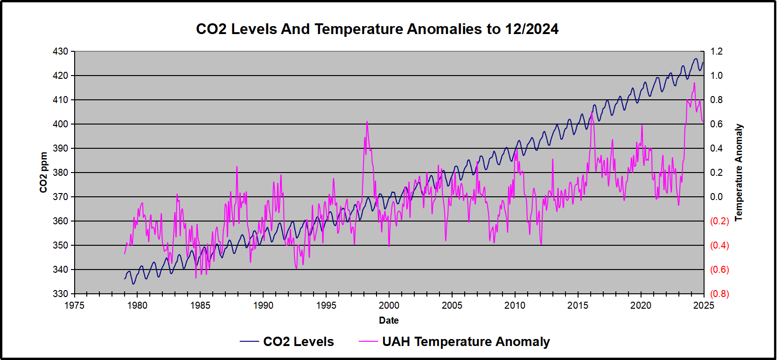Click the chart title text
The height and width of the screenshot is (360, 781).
tap(377, 29)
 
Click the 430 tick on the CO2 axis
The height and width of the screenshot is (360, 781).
tap(60, 51)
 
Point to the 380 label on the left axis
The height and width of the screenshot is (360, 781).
tap(60, 173)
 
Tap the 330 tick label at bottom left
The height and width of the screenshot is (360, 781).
tap(60, 294)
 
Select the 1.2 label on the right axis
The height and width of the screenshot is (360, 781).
tap(716, 51)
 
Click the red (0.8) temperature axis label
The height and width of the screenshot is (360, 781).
tap(719, 294)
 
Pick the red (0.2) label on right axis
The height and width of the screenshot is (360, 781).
tap(719, 221)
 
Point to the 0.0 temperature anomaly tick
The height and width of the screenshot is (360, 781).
tap(716, 197)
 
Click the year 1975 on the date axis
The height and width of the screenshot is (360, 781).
tap(74, 305)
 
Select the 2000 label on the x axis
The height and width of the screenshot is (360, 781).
tap(389, 305)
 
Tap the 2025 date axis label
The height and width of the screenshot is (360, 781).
tap(703, 305)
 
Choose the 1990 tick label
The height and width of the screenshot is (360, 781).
tap(263, 305)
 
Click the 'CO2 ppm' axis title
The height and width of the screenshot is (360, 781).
tap(43, 173)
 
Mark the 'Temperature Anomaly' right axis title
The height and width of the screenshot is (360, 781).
tap(739, 173)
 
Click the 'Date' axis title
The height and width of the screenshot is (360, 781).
tap(389, 320)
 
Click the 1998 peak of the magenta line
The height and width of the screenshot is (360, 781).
tap(367, 122)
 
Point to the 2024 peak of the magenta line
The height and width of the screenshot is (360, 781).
tap(694, 83)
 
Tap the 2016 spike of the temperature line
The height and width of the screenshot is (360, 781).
tap(592, 113)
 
